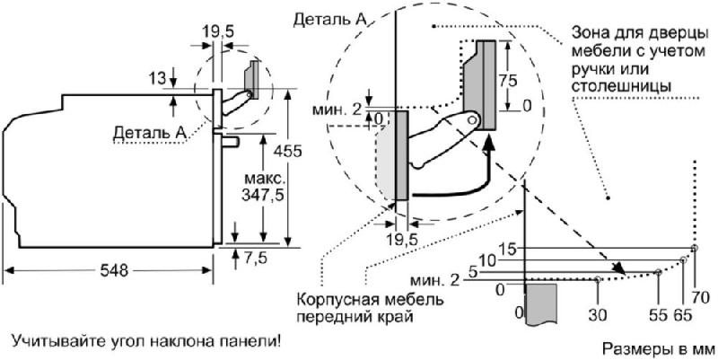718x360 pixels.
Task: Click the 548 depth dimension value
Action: pyautogui.click(x=114, y=271)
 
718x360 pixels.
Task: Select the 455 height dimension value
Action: pyautogui.click(x=286, y=151)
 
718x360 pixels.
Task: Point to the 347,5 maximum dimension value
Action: pyautogui.click(x=262, y=195)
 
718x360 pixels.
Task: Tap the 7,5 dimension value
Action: pyautogui.click(x=255, y=259)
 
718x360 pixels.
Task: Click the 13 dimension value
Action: pyautogui.click(x=157, y=79)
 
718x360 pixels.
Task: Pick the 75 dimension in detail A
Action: pyautogui.click(x=507, y=80)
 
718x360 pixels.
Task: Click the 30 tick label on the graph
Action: pyautogui.click(x=597, y=315)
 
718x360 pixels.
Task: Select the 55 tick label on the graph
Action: pyautogui.click(x=659, y=315)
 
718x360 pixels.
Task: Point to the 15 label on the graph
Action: pyautogui.click(x=507, y=250)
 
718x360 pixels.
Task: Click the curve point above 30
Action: pyautogui.click(x=598, y=279)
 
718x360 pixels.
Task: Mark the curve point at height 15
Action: pyautogui.click(x=694, y=248)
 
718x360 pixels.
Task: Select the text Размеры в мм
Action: pyautogui.click(x=658, y=349)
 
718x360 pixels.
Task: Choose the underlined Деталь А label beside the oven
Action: pyautogui.click(x=150, y=133)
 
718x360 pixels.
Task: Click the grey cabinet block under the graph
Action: pyautogui.click(x=541, y=304)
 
